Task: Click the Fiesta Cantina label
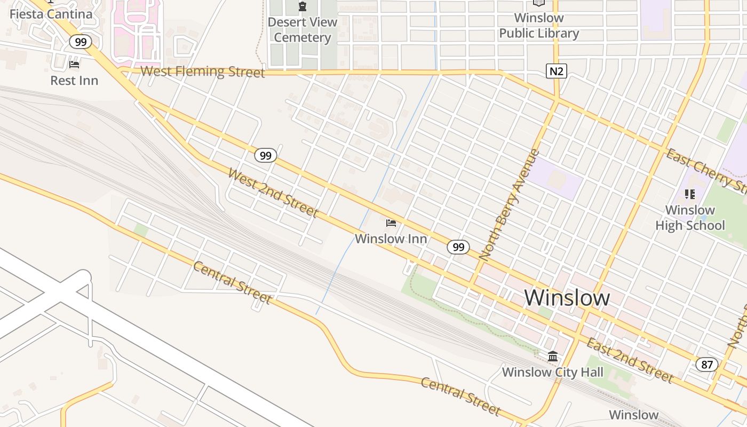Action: [51, 14]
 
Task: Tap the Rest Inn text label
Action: [74, 81]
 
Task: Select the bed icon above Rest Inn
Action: [74, 65]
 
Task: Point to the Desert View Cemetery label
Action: [303, 30]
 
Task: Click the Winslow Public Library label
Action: [539, 26]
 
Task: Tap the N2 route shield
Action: [556, 71]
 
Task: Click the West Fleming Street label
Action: [203, 72]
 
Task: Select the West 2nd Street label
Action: [273, 193]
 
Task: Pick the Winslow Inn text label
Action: [391, 239]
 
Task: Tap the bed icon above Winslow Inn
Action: [391, 223]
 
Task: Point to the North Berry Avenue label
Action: [510, 205]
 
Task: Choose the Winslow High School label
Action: [690, 218]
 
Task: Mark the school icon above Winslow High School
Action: [690, 194]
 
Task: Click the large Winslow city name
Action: [567, 297]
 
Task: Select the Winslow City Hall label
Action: [553, 372]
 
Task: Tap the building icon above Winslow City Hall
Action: [553, 356]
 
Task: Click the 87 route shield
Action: [707, 365]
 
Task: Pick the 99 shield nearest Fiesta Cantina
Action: [81, 42]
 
